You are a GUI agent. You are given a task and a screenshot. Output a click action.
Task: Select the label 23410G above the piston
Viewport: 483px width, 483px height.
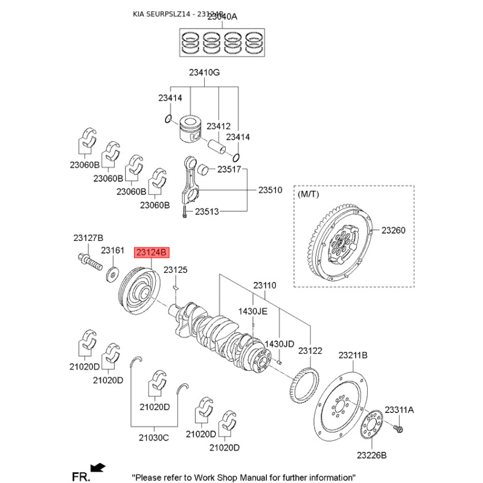(x=204, y=73)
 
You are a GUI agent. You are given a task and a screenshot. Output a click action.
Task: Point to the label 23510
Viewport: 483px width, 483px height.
(x=270, y=190)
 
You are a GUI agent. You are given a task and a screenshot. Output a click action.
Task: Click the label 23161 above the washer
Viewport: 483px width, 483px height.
(x=112, y=250)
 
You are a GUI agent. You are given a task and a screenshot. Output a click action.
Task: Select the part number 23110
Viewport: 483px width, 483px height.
(x=264, y=284)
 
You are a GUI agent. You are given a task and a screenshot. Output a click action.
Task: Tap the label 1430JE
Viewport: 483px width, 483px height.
(x=252, y=311)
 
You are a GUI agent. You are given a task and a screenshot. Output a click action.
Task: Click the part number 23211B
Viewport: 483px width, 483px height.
(x=353, y=355)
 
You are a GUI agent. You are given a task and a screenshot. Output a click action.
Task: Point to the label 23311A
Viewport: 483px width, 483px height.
(x=400, y=410)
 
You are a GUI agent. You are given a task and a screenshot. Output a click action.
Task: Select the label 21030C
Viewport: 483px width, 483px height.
(x=154, y=437)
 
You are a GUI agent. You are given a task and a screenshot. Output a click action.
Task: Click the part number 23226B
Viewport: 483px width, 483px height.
(x=371, y=455)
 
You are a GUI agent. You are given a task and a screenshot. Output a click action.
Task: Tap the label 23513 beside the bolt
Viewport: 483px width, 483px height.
(x=206, y=212)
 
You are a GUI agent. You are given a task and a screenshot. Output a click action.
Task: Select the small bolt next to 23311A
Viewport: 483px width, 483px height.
(x=399, y=429)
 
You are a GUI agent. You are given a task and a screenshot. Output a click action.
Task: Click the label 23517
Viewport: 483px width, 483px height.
(x=229, y=170)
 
